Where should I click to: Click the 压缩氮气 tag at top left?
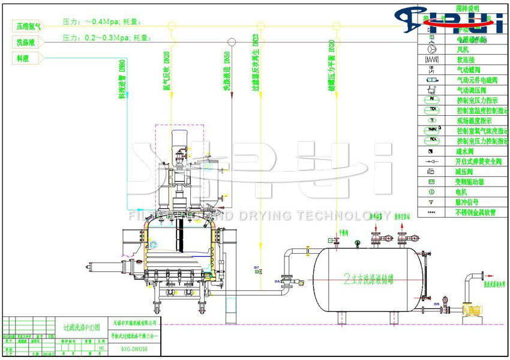[29, 26]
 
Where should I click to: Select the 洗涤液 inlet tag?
[26, 42]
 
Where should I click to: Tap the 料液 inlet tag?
[25, 58]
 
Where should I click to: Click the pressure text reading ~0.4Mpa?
[101, 22]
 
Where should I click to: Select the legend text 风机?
[462, 50]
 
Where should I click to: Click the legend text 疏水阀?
[466, 152]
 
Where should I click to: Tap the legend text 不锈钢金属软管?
[477, 212]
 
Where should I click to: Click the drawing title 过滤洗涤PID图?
[81, 328]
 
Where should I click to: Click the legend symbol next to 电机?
[433, 192]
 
